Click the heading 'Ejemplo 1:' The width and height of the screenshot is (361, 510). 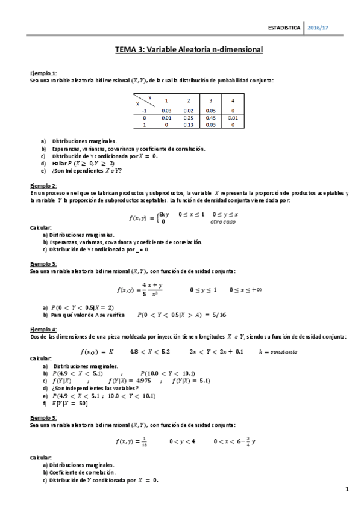43,73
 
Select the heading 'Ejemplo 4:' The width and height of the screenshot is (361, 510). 43,329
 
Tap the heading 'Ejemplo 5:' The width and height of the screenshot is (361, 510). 43,417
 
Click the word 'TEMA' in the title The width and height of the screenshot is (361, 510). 125,51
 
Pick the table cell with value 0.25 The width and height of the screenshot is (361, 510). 188,118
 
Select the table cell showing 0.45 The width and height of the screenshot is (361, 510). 210,118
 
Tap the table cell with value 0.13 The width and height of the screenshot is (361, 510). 188,125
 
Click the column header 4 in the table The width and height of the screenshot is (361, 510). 233,100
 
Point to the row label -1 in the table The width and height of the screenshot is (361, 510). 144,111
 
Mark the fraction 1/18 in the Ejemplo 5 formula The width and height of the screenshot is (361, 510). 145,441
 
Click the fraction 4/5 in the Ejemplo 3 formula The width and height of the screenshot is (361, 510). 145,290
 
